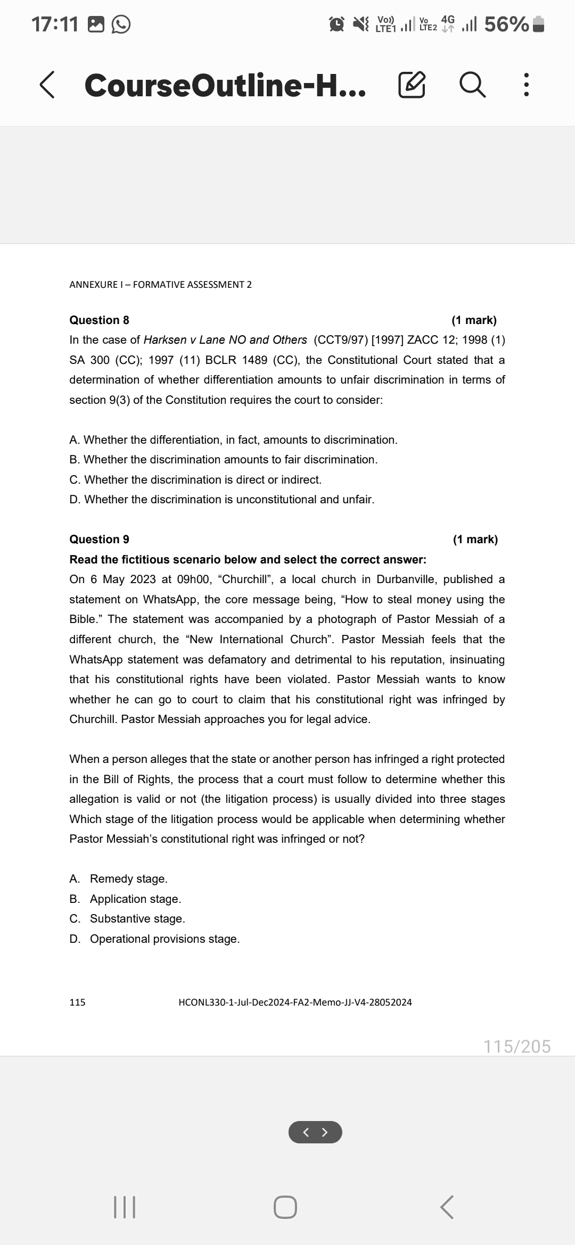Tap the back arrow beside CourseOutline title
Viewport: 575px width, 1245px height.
point(47,86)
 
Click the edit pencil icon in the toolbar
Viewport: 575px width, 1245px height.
point(412,86)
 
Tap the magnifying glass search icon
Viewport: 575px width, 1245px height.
point(472,86)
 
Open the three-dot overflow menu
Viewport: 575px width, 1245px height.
point(525,86)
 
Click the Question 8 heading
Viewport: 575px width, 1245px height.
point(100,320)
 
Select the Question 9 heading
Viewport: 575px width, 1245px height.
point(100,539)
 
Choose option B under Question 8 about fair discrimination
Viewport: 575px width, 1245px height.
point(224,460)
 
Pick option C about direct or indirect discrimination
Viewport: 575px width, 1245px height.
point(195,480)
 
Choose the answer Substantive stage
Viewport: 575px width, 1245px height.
point(137,919)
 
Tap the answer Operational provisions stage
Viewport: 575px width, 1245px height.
point(164,939)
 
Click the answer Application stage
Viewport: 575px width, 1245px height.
point(135,899)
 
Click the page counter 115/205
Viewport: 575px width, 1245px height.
point(517,1047)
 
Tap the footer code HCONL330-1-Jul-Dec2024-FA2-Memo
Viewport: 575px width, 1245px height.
point(295,1002)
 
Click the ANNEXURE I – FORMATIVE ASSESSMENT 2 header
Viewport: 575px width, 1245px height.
point(161,285)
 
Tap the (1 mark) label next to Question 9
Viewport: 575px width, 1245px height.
point(475,539)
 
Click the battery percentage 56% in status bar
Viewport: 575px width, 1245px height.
point(506,24)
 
